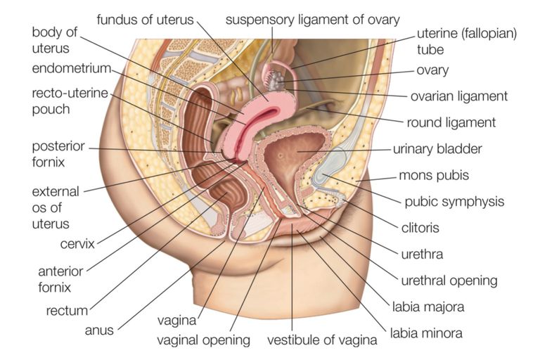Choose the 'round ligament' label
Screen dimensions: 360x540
click(451, 123)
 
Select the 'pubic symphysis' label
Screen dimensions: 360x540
click(454, 202)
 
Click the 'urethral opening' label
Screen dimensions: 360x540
click(449, 281)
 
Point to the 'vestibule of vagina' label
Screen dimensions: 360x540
click(322, 341)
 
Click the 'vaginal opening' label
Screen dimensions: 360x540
click(205, 341)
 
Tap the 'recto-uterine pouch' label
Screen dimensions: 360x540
click(60, 101)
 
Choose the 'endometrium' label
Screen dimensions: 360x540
click(72, 68)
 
